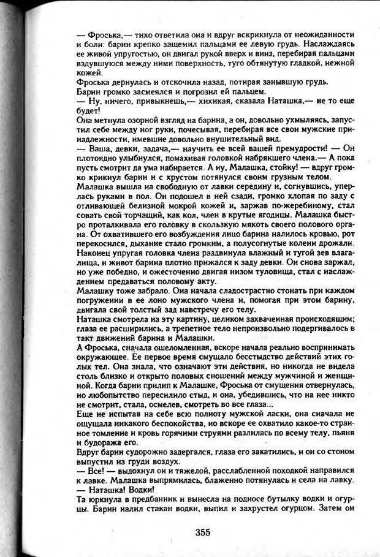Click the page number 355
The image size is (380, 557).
click(203, 532)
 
